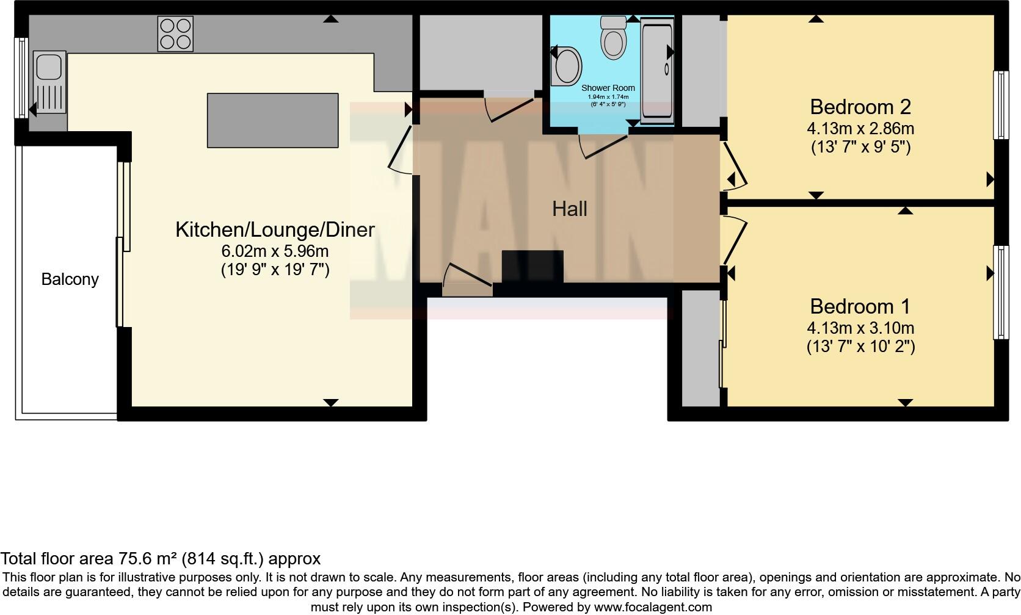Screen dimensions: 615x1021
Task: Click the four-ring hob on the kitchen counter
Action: coord(176,34)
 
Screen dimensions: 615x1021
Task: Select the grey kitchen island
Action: coord(272,120)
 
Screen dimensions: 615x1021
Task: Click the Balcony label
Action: coord(70,279)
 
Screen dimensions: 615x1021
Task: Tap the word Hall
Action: coord(569,209)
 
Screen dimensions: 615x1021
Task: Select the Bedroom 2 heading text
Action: coord(860,107)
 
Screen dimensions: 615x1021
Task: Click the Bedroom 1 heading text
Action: coord(860,306)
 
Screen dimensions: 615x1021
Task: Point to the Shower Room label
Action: coord(608,88)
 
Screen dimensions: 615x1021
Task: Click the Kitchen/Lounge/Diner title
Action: coord(275,229)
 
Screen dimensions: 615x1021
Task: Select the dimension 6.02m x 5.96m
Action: coord(275,251)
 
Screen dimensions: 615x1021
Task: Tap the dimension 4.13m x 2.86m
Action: coord(860,129)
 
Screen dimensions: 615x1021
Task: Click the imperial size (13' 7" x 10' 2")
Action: coord(860,347)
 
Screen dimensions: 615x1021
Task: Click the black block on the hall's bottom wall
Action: coord(532,267)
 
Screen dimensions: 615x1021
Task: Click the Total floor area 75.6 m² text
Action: coord(160,558)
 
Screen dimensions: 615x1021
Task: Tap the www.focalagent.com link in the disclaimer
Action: coord(653,607)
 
